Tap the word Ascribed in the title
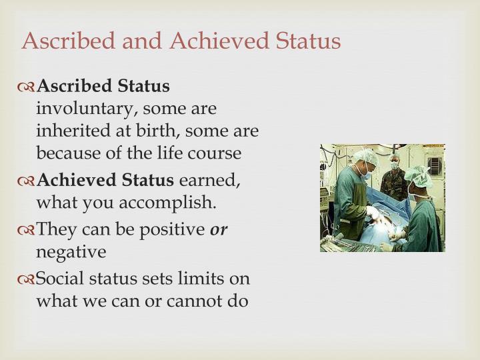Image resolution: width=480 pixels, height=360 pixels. [61, 41]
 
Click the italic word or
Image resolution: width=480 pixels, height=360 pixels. [219, 229]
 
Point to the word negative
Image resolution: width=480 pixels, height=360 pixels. [71, 252]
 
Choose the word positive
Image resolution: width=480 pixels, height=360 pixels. [170, 229]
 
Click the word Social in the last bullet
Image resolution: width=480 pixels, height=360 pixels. [58, 279]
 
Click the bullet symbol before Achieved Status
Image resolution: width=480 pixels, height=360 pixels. [27, 180]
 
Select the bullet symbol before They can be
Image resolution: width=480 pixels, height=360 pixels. [27, 229]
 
